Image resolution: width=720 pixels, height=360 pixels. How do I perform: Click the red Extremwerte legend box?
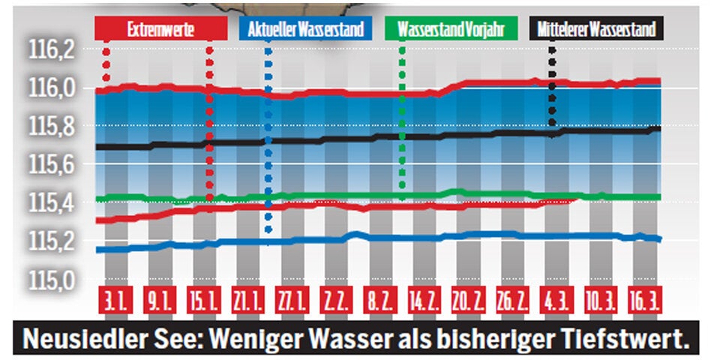pos(160,29)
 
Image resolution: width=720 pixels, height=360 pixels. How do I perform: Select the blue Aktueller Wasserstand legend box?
pos(306,29)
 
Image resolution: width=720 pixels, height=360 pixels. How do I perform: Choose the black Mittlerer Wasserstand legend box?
pos(596,29)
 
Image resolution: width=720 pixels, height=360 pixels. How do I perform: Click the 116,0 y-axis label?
pos(53,88)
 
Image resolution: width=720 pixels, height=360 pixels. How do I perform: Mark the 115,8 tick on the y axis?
pos(53,126)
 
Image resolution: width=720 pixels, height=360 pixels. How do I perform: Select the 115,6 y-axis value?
pos(53,164)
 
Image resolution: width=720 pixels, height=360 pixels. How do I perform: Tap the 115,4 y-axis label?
pos(53,202)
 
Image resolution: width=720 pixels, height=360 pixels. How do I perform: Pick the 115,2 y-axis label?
pos(53,241)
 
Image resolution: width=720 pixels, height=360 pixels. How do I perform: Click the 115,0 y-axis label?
pos(53,280)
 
